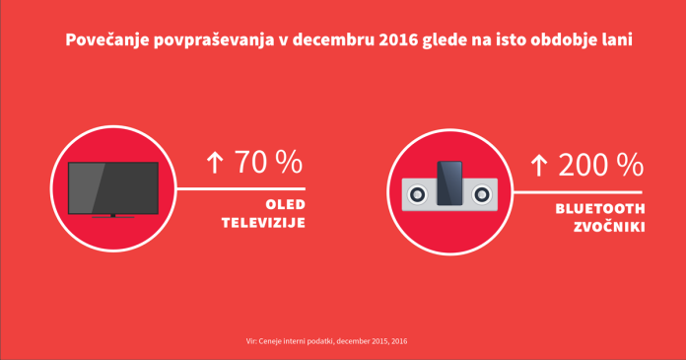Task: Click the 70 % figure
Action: (x=267, y=162)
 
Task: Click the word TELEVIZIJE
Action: (x=260, y=223)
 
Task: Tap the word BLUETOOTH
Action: (x=599, y=209)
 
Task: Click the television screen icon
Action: (x=112, y=186)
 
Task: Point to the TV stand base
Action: (x=112, y=216)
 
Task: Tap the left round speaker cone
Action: (x=417, y=194)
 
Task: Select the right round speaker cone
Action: (x=483, y=194)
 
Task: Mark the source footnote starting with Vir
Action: (x=326, y=341)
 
